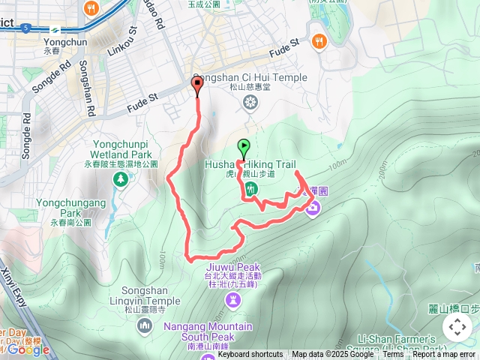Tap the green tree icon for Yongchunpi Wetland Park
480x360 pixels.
(x=120, y=178)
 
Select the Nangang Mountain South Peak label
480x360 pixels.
(x=209, y=331)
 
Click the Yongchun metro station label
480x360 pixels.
(x=57, y=43)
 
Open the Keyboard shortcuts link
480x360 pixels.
(x=250, y=355)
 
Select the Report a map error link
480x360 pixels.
(x=444, y=355)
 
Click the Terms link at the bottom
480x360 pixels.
(x=393, y=355)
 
